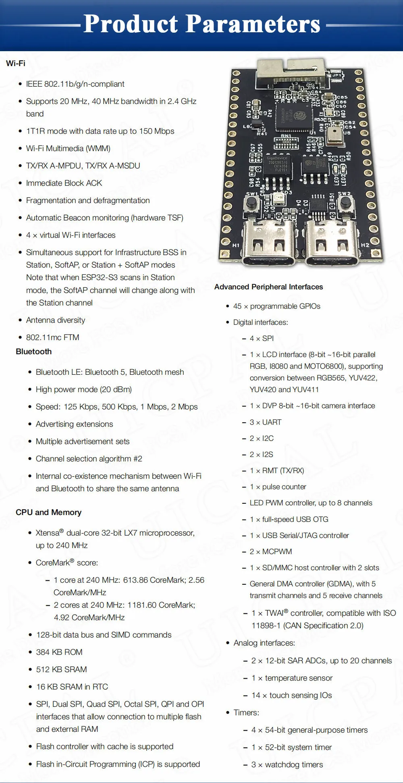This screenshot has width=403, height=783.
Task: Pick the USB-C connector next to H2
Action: [x=331, y=242]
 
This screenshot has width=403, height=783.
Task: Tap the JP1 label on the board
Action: [x=337, y=75]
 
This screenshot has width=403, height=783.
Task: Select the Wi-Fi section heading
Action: [x=16, y=63]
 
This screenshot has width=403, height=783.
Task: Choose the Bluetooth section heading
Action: [x=34, y=351]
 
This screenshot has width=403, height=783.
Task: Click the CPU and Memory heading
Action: [x=48, y=512]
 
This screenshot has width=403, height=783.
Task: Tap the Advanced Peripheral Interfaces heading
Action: [x=268, y=287]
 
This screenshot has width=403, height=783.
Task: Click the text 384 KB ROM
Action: [x=59, y=652]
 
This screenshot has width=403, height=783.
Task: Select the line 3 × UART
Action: [x=266, y=422]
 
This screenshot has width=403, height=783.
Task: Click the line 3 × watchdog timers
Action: [x=287, y=764]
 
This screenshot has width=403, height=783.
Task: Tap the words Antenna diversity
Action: [x=56, y=320]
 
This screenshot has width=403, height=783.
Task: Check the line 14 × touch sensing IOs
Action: [x=292, y=695]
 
